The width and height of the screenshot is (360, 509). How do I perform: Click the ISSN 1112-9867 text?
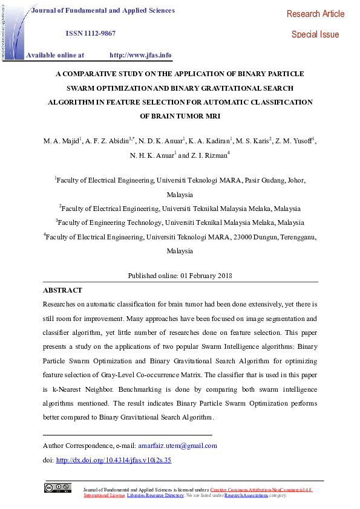(x=91, y=33)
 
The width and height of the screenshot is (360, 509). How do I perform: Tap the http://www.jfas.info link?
(x=140, y=55)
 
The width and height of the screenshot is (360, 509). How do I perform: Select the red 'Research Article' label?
(x=315, y=14)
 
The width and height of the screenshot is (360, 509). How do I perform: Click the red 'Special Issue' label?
(x=315, y=34)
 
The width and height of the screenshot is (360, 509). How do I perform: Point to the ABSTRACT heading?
(x=63, y=290)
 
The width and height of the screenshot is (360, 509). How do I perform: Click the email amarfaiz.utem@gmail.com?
(x=177, y=446)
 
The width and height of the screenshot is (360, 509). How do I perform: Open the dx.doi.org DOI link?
(x=114, y=460)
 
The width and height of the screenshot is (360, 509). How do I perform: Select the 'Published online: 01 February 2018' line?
(x=180, y=276)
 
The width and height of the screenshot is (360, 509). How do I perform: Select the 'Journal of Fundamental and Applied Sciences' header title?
(x=103, y=10)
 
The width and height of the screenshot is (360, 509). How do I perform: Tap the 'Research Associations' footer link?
(x=246, y=495)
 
